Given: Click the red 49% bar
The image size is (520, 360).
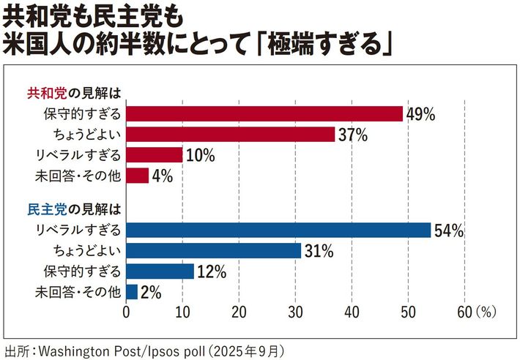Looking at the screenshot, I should click(x=264, y=113).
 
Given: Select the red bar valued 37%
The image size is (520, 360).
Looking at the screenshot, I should click(x=230, y=135).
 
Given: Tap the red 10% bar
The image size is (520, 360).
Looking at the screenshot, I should click(x=155, y=155).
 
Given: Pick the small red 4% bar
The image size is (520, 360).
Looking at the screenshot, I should click(x=138, y=176).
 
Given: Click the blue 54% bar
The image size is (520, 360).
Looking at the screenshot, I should click(x=278, y=230).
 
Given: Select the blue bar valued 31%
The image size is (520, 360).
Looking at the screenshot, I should click(x=214, y=251).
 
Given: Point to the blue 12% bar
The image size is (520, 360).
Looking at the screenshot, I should click(x=160, y=271).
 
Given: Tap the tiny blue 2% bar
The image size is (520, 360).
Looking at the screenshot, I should click(x=132, y=292).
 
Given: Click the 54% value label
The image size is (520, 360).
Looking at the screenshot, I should click(x=449, y=230).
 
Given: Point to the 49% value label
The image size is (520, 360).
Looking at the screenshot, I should click(x=420, y=114).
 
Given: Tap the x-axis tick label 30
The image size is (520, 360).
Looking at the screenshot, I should click(x=295, y=312).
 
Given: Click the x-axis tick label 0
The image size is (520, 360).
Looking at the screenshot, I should click(x=127, y=312).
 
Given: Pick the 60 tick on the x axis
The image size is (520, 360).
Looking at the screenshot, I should click(x=464, y=312).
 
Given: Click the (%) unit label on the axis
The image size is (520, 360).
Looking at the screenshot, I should click(x=486, y=312).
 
